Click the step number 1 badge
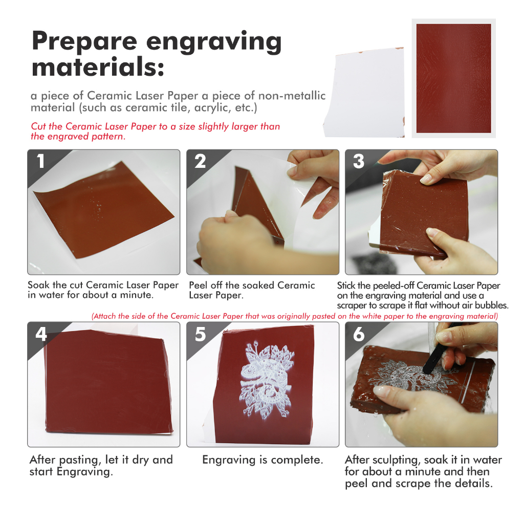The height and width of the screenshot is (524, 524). (41, 161)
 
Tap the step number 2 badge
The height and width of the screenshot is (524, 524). (200, 161)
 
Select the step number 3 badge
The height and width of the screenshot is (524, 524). (359, 161)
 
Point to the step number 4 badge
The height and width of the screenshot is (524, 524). (41, 334)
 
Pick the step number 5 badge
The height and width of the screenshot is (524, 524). (200, 334)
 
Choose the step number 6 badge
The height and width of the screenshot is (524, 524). (359, 334)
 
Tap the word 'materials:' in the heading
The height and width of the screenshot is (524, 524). (98, 67)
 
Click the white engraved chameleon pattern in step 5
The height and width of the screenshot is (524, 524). (266, 379)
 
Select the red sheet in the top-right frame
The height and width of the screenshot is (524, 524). (453, 78)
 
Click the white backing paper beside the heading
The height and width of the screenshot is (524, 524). (364, 93)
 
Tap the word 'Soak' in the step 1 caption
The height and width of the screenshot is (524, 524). (38, 285)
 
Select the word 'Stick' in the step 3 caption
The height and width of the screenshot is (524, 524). (346, 286)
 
